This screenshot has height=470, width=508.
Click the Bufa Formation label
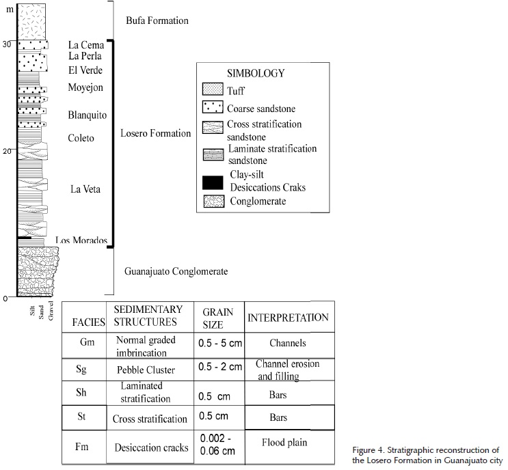pos(157,21)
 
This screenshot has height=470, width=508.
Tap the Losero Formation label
pos(155,134)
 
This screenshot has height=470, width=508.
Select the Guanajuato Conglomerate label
pos(176,272)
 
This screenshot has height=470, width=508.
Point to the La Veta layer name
pos(85,189)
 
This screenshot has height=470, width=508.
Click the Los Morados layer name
pos(81,240)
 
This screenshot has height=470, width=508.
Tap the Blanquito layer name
pos(88,115)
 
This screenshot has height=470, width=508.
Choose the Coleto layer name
pos(81,139)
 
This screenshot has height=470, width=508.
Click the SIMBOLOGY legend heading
pos(257,73)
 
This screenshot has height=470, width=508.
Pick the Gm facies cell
pos(82,343)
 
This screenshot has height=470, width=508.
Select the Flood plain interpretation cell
pos(286,442)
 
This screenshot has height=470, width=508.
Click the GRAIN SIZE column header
pos(218,318)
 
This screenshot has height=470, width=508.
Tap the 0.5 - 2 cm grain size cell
pos(218,367)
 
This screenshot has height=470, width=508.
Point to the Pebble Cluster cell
pos(150,369)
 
